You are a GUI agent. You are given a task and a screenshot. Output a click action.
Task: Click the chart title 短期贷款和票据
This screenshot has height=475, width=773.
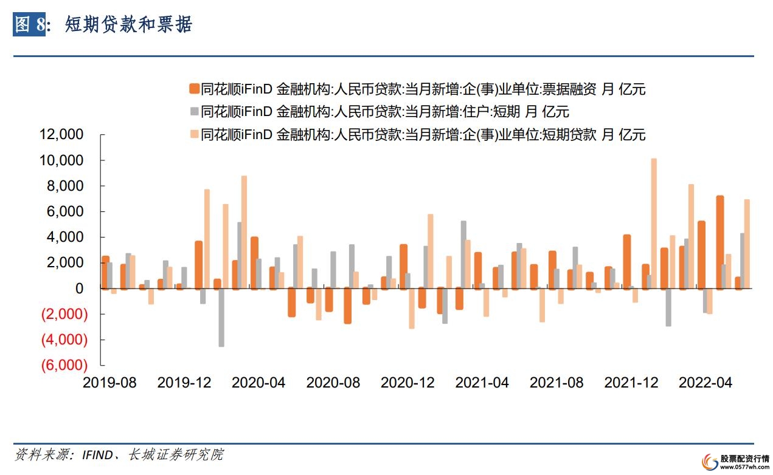[x=128, y=24]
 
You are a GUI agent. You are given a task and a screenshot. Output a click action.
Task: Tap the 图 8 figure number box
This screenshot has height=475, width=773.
[x=30, y=24]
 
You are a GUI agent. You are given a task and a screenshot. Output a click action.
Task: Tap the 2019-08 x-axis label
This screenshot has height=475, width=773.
[x=109, y=383]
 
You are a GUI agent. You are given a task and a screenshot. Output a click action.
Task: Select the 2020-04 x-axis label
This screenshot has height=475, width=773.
[x=258, y=383]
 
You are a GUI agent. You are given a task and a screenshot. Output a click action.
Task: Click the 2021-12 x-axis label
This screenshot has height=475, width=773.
[x=631, y=383]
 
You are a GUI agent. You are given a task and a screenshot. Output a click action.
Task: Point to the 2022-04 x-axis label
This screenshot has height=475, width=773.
[x=705, y=383]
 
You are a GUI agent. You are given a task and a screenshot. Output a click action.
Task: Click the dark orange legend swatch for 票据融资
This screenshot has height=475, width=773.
[x=194, y=89]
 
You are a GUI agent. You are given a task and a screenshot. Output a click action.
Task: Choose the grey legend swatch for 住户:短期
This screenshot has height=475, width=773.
[x=194, y=112]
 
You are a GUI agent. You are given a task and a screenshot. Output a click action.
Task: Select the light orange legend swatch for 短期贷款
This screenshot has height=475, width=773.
[x=194, y=134]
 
